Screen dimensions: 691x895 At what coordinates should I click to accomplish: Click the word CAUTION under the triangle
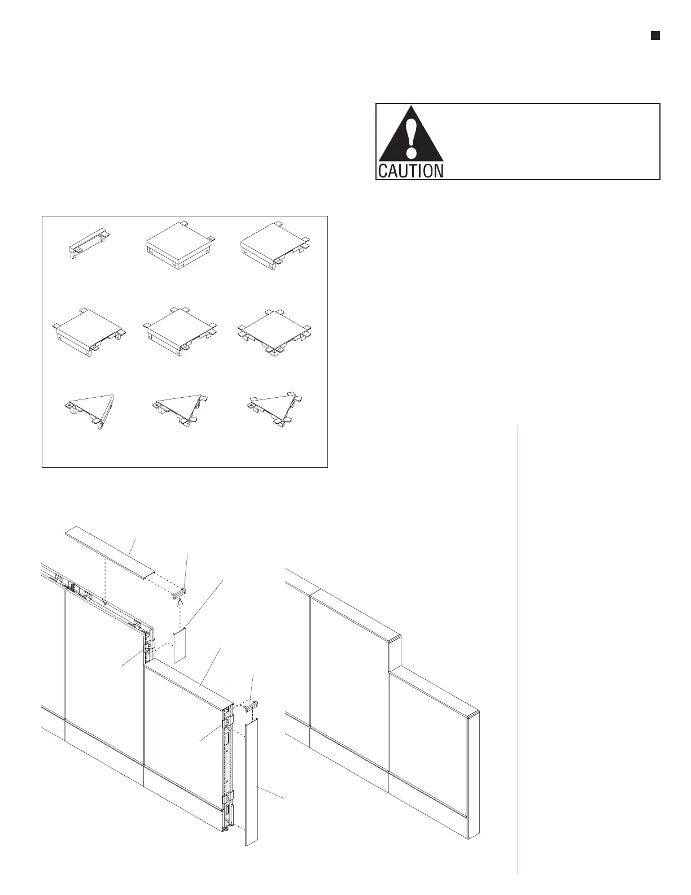click(410, 171)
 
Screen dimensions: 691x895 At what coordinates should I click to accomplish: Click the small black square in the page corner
click(655, 36)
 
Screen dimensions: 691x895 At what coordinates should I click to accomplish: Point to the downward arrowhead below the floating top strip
click(105, 603)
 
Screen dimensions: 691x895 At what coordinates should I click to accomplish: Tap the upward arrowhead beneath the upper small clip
click(180, 602)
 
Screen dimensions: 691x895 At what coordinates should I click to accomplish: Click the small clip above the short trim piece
click(180, 594)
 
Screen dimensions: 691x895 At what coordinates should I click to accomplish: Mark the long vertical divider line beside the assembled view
click(518, 650)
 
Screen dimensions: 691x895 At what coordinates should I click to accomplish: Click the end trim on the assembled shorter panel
click(475, 774)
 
